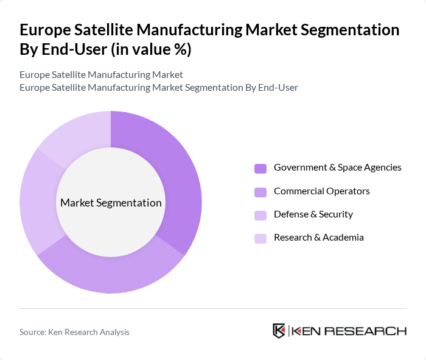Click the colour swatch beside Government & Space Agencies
[x=260, y=168]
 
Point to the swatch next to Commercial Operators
[x=260, y=192]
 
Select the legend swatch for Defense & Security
[x=260, y=215]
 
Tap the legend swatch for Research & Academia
[x=260, y=238]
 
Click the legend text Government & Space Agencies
[x=337, y=168]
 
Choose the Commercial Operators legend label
[x=321, y=191]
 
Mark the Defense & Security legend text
[x=313, y=214]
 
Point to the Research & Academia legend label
[x=318, y=238]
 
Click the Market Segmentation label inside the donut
[x=111, y=203]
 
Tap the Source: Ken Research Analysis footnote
[x=74, y=332]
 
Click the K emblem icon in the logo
[x=279, y=331]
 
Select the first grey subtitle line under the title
[x=101, y=75]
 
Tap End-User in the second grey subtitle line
[x=278, y=87]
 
